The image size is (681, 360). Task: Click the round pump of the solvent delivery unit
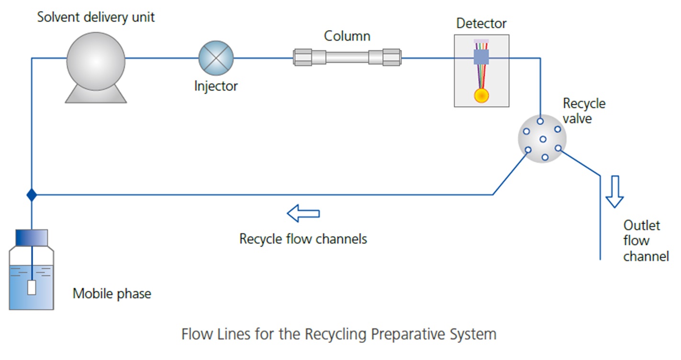tap(96, 59)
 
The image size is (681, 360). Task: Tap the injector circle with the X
tap(216, 58)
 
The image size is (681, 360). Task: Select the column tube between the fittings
tap(347, 58)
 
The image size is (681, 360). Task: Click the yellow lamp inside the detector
tap(481, 95)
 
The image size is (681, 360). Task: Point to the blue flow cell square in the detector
tap(481, 58)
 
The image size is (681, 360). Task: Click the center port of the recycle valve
tap(543, 139)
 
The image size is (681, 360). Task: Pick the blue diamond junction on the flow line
tap(32, 195)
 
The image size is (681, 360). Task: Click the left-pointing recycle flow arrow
tap(303, 213)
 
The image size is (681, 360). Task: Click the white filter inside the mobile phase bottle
tap(32, 287)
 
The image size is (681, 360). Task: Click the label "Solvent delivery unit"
tap(96, 17)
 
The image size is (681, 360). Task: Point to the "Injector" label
tap(216, 86)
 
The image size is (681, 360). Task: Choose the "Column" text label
tap(347, 36)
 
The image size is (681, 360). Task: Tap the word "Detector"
tap(481, 23)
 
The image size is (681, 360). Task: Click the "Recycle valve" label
tap(583, 111)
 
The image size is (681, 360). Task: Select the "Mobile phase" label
tap(112, 293)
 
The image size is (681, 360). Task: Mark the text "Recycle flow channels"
tap(303, 238)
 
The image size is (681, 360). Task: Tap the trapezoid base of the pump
tap(96, 95)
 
